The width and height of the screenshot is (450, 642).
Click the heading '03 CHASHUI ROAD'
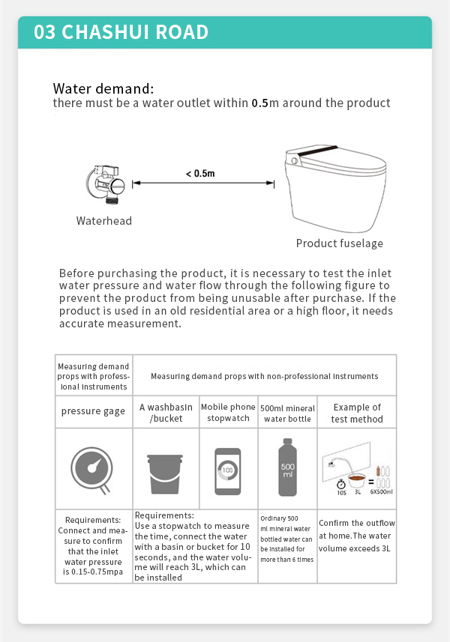tap(121, 32)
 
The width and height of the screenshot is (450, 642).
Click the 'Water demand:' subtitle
tap(103, 88)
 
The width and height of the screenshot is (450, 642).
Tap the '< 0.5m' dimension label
tap(200, 174)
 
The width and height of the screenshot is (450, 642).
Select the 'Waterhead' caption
tap(103, 221)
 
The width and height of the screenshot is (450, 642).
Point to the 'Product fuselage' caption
tap(339, 243)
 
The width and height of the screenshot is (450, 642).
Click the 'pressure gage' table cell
tap(93, 411)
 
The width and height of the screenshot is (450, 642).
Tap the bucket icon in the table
tap(166, 471)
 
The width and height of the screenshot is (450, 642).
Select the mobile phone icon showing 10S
tap(228, 471)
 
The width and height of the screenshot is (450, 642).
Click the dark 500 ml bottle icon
tap(287, 467)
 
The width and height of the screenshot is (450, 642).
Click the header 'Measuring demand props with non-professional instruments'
tap(264, 375)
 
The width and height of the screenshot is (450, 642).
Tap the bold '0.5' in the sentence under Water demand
tap(259, 103)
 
